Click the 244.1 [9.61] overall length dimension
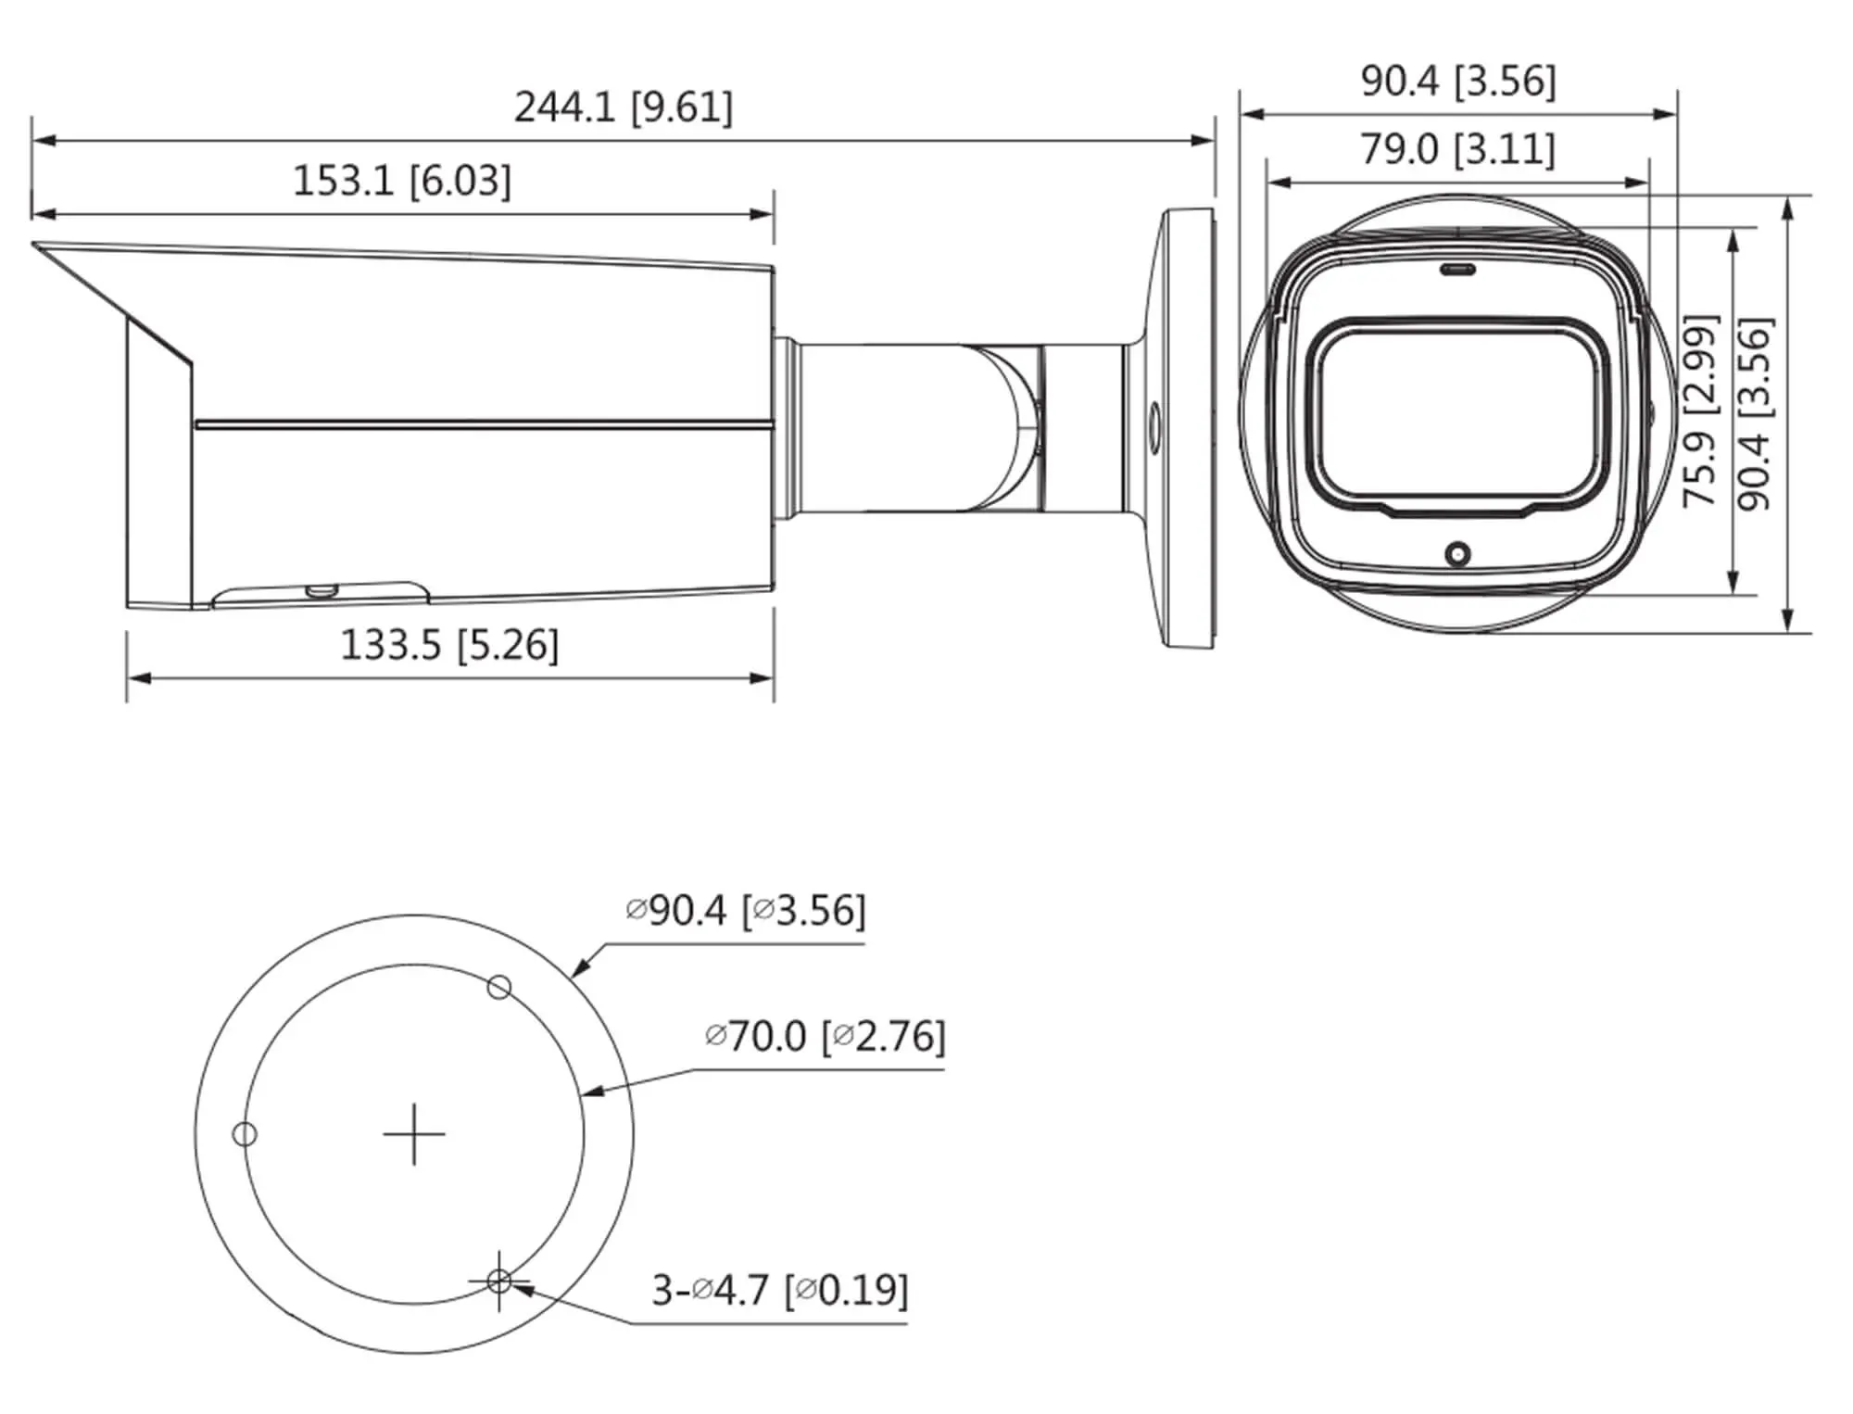point(623,107)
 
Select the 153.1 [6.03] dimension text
point(401,180)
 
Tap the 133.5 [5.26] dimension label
point(449,645)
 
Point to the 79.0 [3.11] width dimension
point(1457,149)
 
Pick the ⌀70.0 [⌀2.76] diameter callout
point(825,1036)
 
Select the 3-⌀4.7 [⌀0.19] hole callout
point(779,1289)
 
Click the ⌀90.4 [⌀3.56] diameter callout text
point(745,910)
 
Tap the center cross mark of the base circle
point(414,1134)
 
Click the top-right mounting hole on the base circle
point(498,988)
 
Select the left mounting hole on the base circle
point(245,1134)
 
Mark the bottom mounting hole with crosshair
point(498,1281)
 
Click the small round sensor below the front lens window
point(1457,555)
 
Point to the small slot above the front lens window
point(1457,271)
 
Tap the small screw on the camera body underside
point(321,589)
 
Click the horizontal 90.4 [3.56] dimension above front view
point(1457,82)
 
